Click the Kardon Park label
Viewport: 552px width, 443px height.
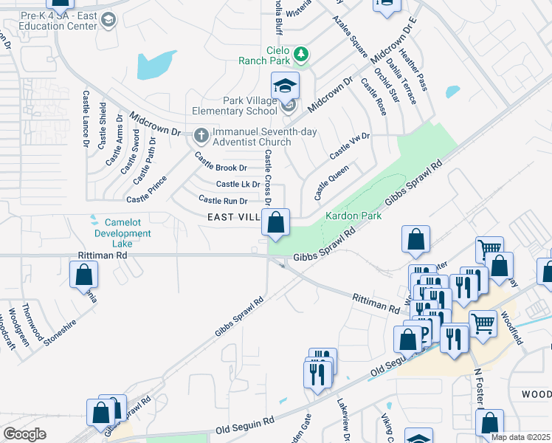click(x=353, y=216)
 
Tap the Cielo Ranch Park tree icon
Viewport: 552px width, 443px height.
click(x=300, y=54)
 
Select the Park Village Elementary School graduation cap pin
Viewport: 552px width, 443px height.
click(x=285, y=86)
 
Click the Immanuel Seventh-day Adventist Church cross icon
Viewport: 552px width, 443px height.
click(x=201, y=136)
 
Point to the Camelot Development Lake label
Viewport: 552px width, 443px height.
click(x=123, y=233)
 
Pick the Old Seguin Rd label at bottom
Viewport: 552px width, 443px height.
click(x=244, y=427)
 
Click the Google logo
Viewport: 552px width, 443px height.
click(x=24, y=434)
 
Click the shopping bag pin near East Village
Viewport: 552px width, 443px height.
click(x=275, y=223)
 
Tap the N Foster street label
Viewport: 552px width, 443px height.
click(x=479, y=392)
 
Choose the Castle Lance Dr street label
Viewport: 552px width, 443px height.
click(x=86, y=118)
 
